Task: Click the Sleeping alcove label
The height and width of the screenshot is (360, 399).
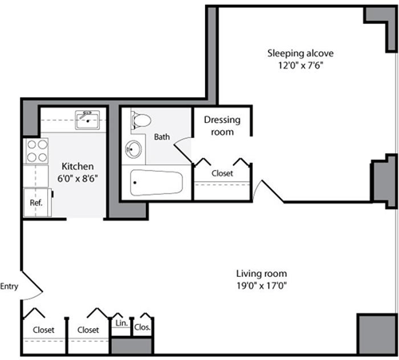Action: (x=300, y=53)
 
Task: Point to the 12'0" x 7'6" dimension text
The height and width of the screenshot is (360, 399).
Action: (x=300, y=66)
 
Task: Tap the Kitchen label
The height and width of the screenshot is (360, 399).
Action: (x=77, y=166)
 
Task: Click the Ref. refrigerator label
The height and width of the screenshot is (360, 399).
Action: (x=36, y=203)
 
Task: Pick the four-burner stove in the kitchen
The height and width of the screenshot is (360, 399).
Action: (x=37, y=152)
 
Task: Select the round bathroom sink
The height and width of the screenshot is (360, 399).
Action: (x=134, y=149)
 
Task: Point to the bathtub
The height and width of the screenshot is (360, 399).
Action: (x=156, y=183)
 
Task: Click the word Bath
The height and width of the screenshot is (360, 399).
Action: (x=162, y=136)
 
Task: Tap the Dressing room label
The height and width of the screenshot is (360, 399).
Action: (x=223, y=125)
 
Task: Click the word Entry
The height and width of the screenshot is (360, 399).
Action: (x=10, y=287)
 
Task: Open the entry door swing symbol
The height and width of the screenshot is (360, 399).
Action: (x=30, y=283)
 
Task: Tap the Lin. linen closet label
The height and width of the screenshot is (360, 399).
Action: (x=121, y=324)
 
